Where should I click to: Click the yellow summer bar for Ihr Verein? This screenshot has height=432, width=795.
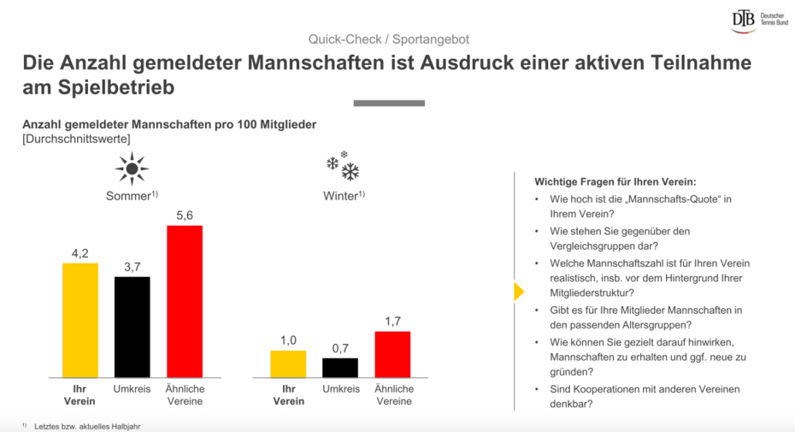[80, 320]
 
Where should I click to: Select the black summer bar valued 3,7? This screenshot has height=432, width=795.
[132, 327]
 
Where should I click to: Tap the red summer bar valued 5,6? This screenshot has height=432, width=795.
[185, 301]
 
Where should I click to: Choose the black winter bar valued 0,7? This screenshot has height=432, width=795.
[340, 367]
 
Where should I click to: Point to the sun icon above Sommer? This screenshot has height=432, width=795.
[132, 169]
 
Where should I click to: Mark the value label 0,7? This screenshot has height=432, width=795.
[340, 348]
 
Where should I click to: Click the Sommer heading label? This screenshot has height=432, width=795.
[131, 196]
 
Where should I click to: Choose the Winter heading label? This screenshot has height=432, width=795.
[344, 196]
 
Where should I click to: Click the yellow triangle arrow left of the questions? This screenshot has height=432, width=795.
[518, 292]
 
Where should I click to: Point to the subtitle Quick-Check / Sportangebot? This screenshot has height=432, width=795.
[389, 39]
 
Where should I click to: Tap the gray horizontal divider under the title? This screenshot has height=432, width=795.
[388, 104]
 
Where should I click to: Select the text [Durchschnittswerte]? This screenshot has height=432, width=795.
[76, 139]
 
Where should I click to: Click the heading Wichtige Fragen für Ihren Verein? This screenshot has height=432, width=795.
[615, 181]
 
